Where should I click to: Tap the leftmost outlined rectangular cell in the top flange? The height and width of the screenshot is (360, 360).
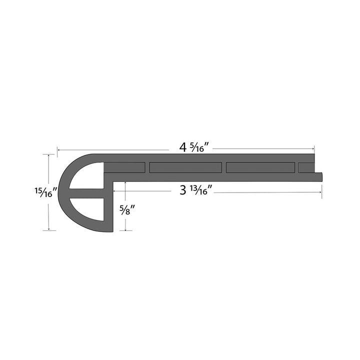pyautogui.click(x=125, y=167)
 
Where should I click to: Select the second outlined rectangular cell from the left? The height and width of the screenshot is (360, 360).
pyautogui.click(x=185, y=167)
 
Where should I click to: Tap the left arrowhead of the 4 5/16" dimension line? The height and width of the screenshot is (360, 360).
pyautogui.click(x=59, y=149)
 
